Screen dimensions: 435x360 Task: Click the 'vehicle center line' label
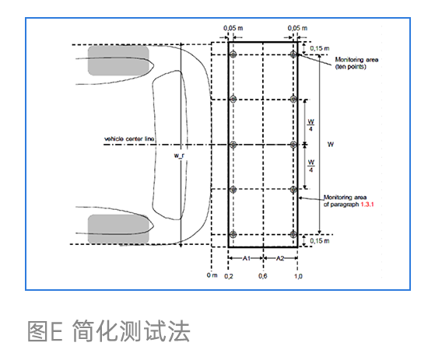(129, 139)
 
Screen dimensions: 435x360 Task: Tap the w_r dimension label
(179, 156)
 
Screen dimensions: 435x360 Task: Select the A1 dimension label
(247, 258)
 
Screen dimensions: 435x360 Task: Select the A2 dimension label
(280, 258)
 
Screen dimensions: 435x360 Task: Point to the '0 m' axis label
(212, 275)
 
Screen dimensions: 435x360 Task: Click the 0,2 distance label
(229, 276)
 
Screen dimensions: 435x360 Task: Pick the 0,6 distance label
(263, 276)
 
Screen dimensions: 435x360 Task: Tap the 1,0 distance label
(298, 276)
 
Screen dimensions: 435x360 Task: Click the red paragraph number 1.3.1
(367, 204)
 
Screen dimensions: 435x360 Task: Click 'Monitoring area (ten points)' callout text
(356, 63)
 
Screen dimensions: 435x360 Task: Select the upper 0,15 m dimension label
(320, 48)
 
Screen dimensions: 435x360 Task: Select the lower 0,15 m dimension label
(320, 241)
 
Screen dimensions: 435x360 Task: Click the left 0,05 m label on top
(233, 28)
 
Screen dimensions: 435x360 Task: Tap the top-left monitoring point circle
(233, 54)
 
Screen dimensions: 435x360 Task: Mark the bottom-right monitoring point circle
(293, 235)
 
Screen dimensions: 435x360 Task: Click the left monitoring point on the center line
(233, 145)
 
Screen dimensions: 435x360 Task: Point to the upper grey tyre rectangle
(118, 61)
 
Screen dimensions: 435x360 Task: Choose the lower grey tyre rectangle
(118, 229)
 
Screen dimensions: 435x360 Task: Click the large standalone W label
(331, 145)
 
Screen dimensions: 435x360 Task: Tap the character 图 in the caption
(37, 331)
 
